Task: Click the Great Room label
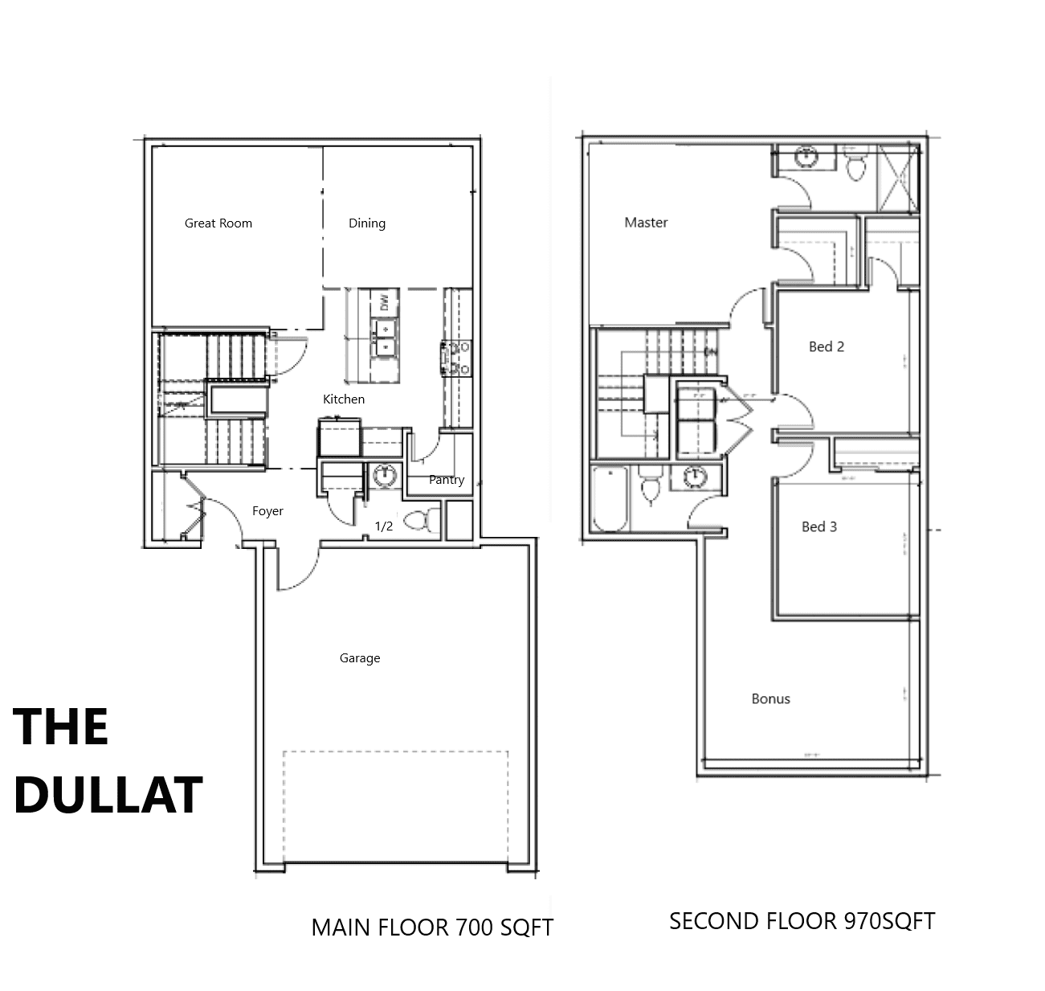tap(218, 223)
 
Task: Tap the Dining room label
tap(367, 223)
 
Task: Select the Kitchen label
tap(343, 399)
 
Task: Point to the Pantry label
tap(447, 480)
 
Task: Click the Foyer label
tap(267, 511)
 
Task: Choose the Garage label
tap(360, 658)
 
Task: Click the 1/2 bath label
tap(384, 526)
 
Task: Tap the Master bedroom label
tap(646, 223)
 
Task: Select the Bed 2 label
tap(826, 347)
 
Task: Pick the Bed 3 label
tap(819, 526)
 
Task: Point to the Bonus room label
tap(771, 698)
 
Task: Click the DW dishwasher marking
tap(384, 303)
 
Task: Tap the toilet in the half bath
tap(422, 520)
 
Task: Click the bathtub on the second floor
tap(610, 499)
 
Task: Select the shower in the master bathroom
tap(897, 178)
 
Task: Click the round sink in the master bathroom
tap(806, 157)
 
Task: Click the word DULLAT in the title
tap(108, 795)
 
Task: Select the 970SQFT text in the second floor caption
tap(890, 921)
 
